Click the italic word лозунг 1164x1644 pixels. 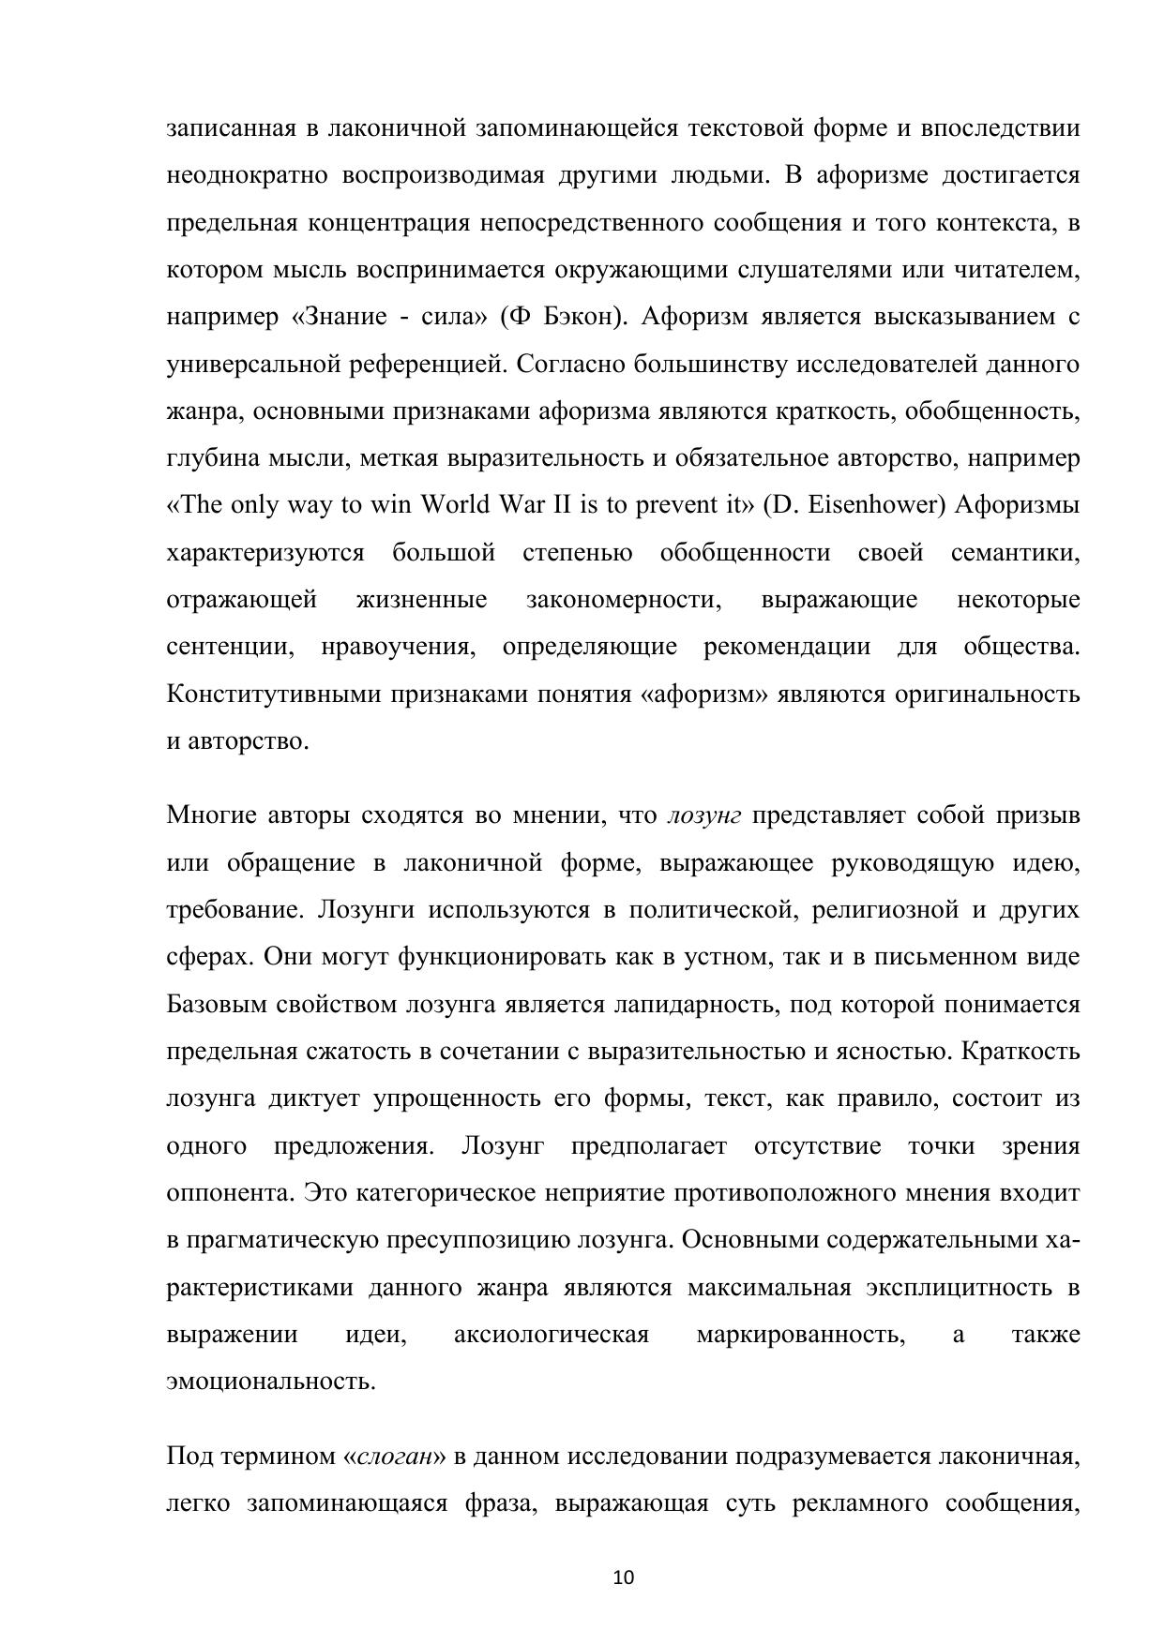pyautogui.click(x=703, y=815)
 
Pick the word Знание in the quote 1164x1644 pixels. pyautogui.click(x=342, y=317)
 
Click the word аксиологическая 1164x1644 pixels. pyautogui.click(x=552, y=1335)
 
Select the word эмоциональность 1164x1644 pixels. pyautogui.click(x=270, y=1382)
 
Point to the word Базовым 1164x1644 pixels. pyautogui.click(x=216, y=1005)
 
